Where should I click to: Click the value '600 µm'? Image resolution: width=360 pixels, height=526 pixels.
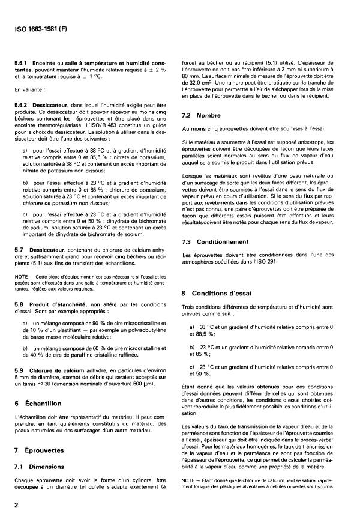[x=133, y=367]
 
